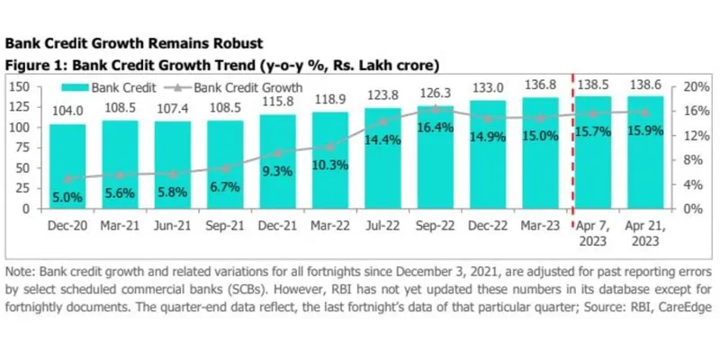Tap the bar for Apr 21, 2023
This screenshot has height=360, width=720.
click(644, 153)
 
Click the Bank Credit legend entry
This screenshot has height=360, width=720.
click(109, 87)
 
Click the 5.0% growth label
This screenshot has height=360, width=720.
click(67, 196)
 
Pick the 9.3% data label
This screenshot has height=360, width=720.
click(277, 170)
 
